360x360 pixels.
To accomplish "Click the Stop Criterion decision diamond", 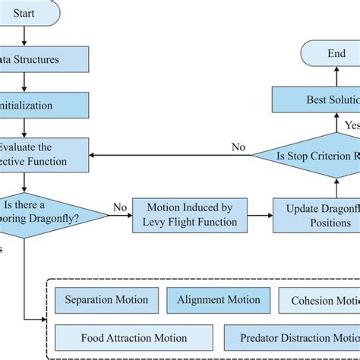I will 311,157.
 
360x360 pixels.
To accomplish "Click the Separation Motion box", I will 107,300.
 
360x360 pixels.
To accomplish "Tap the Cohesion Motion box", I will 320,301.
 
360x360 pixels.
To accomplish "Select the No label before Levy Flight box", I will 118,205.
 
